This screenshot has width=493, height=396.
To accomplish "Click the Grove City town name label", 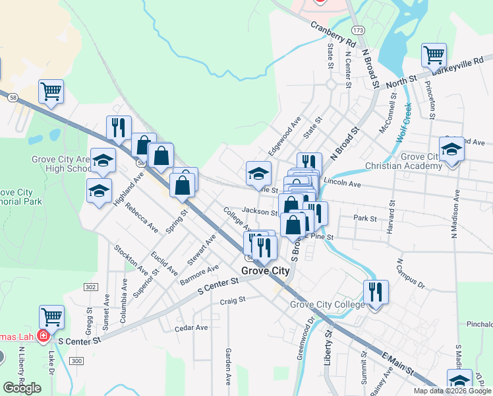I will (x=266, y=271).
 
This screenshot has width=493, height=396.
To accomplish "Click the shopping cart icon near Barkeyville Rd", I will (x=434, y=55).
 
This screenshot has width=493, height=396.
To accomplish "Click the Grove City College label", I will (x=327, y=304).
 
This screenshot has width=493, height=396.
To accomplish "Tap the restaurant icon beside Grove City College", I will (x=376, y=292).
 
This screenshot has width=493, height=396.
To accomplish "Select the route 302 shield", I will (x=91, y=286).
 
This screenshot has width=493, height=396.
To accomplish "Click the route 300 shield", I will (x=77, y=360).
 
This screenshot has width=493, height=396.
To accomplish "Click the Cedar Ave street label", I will (x=191, y=327).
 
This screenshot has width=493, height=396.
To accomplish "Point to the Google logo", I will (x=22, y=387).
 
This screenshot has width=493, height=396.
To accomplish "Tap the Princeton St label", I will (x=430, y=100).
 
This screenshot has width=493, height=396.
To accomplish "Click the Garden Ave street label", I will (x=228, y=366).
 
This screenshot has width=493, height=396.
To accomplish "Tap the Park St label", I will (x=364, y=217).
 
